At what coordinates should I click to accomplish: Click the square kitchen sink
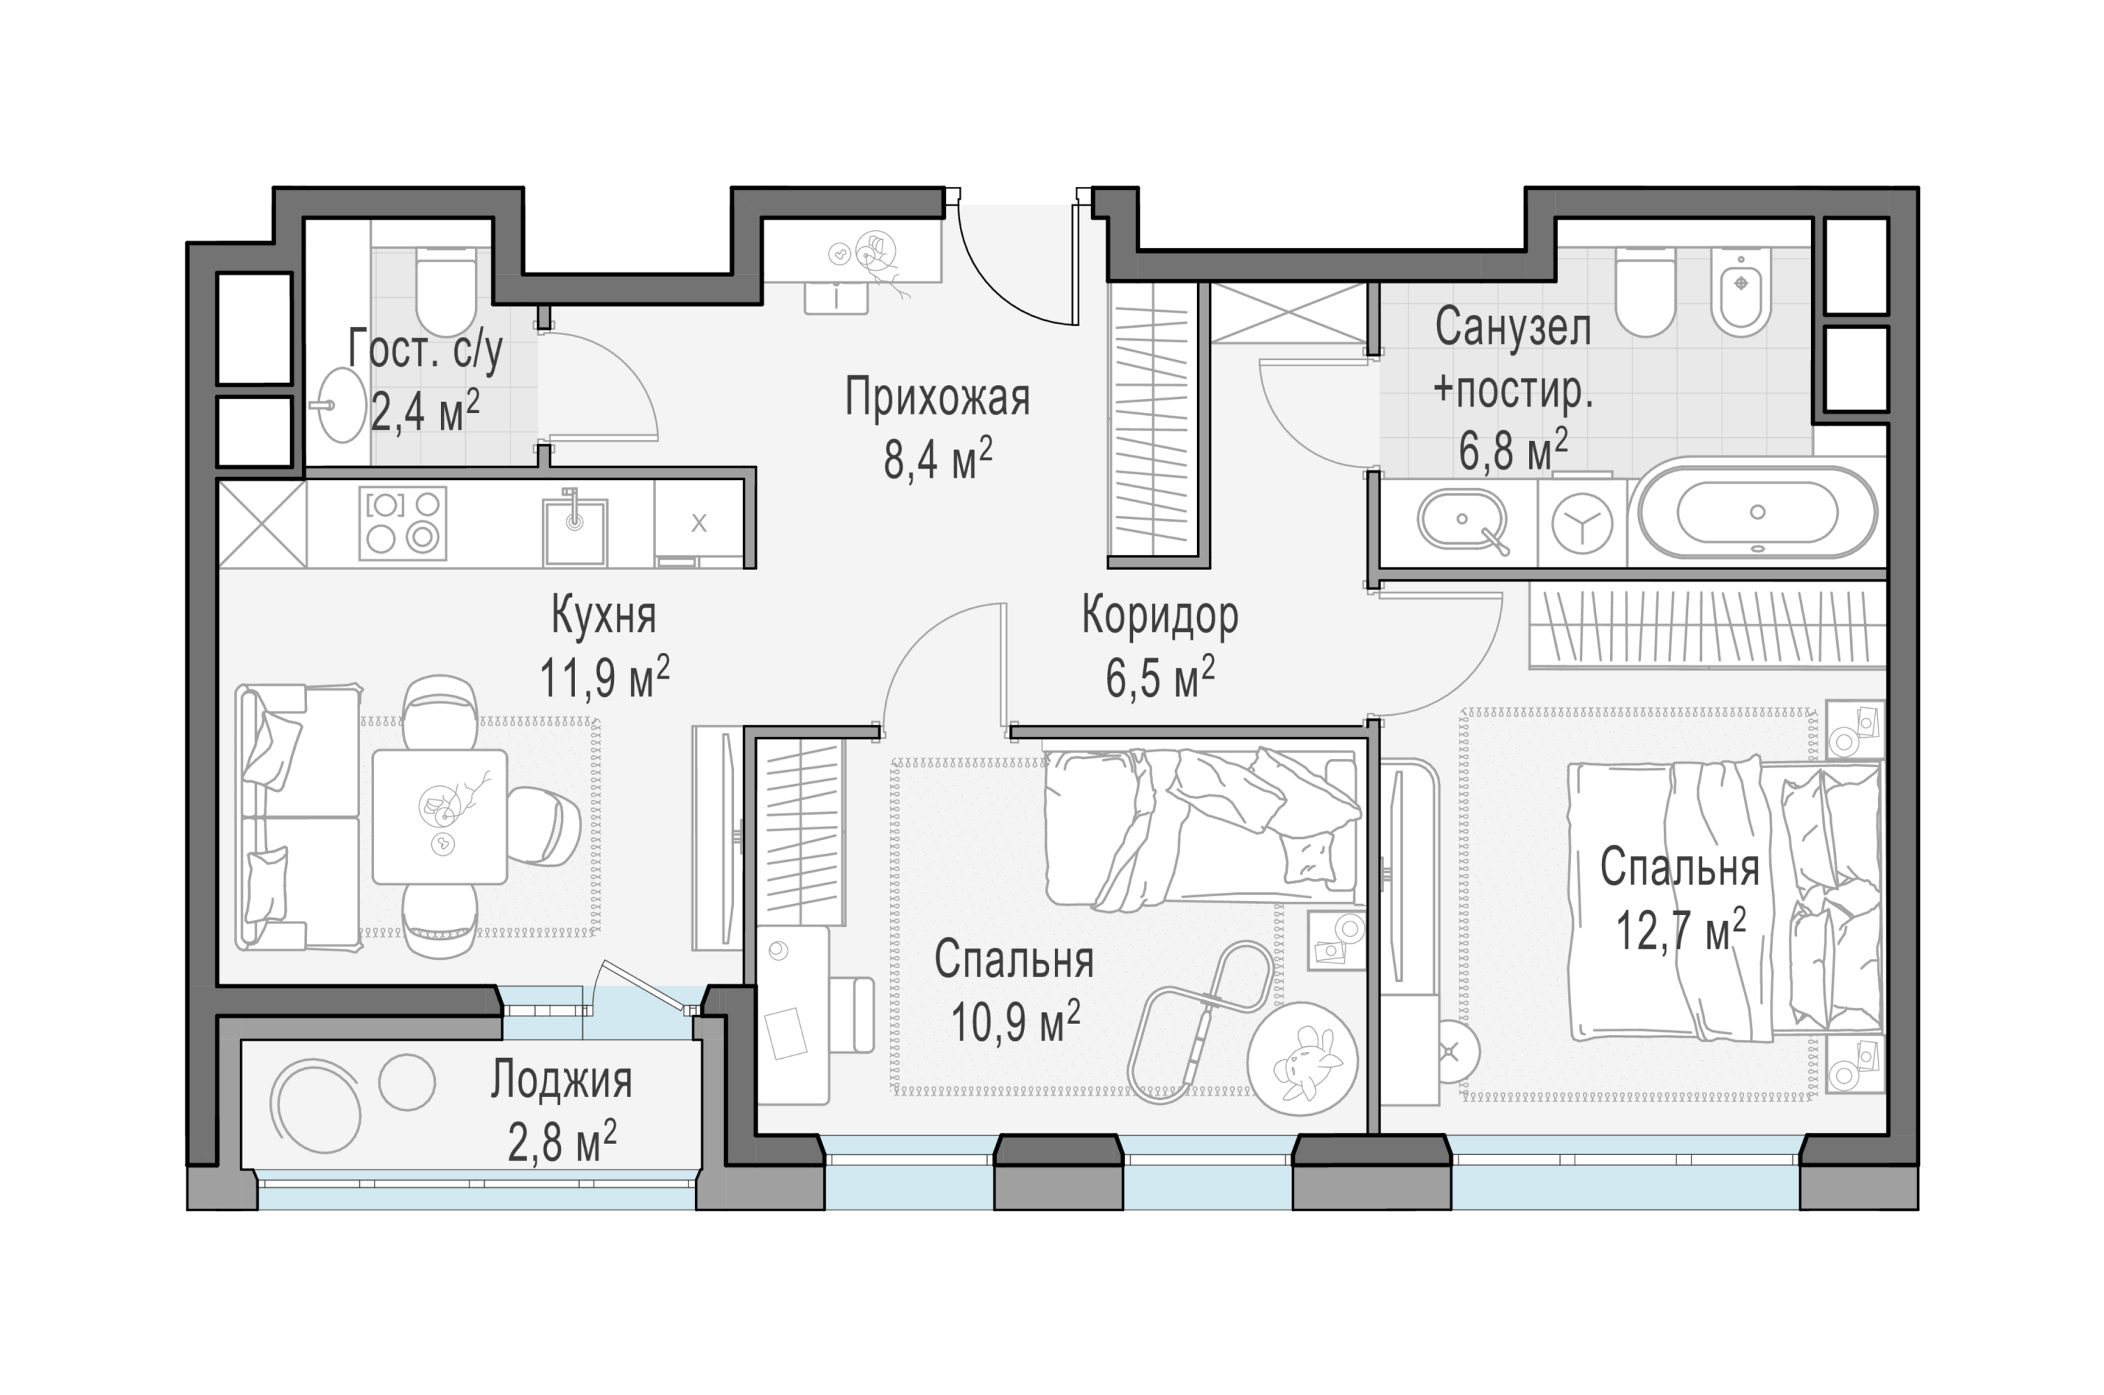(x=576, y=530)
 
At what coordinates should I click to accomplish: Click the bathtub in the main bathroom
(x=1757, y=513)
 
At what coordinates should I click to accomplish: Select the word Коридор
(x=1159, y=617)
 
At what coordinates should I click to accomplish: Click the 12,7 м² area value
(x=1681, y=930)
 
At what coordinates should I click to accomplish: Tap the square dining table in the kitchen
(x=439, y=816)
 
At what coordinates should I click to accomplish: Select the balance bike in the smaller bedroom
(x=1198, y=1023)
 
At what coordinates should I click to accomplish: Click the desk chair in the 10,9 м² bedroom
(x=850, y=1014)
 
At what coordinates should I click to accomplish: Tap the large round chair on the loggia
(x=316, y=1105)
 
